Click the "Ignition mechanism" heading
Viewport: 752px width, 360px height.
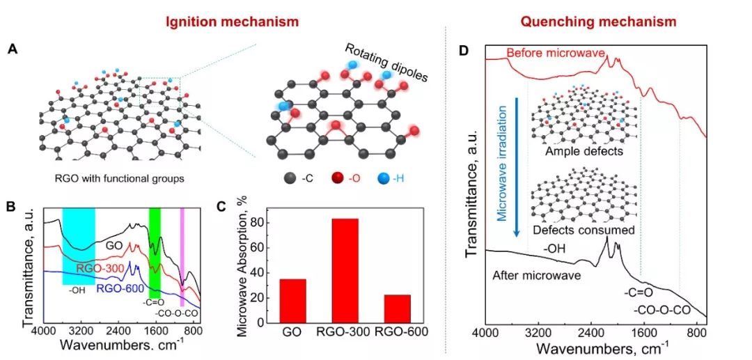click(232, 22)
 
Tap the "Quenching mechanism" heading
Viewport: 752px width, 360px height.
click(598, 22)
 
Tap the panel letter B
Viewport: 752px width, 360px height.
click(11, 206)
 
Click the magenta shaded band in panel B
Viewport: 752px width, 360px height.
click(182, 256)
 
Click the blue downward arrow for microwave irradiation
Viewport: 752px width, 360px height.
click(517, 167)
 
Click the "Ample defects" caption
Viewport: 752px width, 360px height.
click(583, 151)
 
